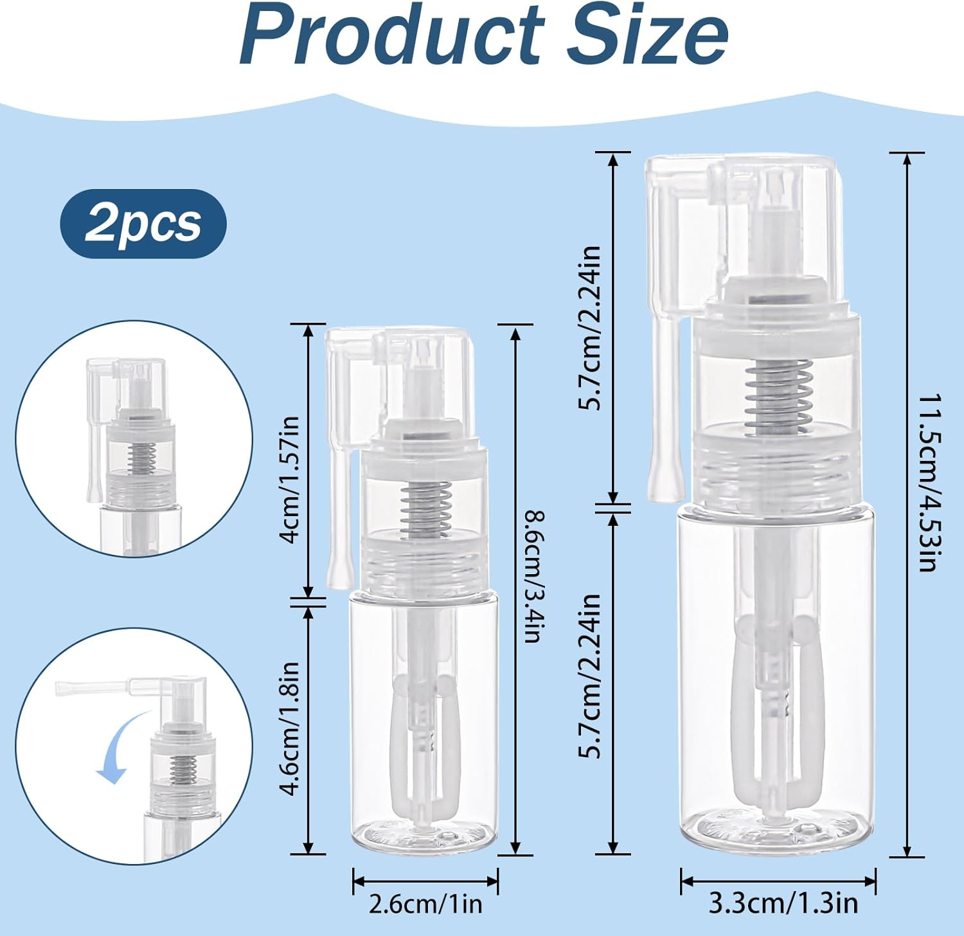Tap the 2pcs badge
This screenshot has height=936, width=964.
click(x=143, y=224)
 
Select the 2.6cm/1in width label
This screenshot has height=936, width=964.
click(x=425, y=904)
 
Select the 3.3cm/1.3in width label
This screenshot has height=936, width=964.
click(x=783, y=903)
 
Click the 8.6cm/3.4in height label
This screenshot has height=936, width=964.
click(x=535, y=576)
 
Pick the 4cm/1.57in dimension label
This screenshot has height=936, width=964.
click(x=290, y=479)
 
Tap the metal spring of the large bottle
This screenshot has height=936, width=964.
click(x=778, y=396)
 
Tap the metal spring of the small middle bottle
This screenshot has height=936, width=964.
click(x=425, y=510)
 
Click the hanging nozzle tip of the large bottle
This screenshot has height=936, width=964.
click(x=665, y=476)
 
